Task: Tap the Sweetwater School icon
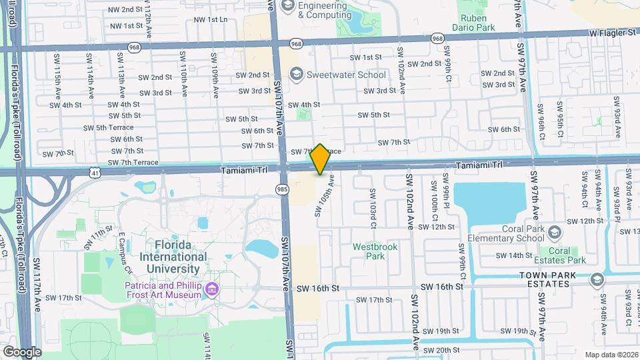click(297, 75)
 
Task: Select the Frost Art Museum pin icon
click(212, 289)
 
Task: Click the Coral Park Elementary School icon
click(557, 232)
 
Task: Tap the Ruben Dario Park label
click(477, 23)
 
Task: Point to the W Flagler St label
click(612, 31)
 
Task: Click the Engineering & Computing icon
click(288, 6)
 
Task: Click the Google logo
click(21, 351)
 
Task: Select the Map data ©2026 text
click(611, 354)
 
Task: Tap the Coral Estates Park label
click(568, 255)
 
